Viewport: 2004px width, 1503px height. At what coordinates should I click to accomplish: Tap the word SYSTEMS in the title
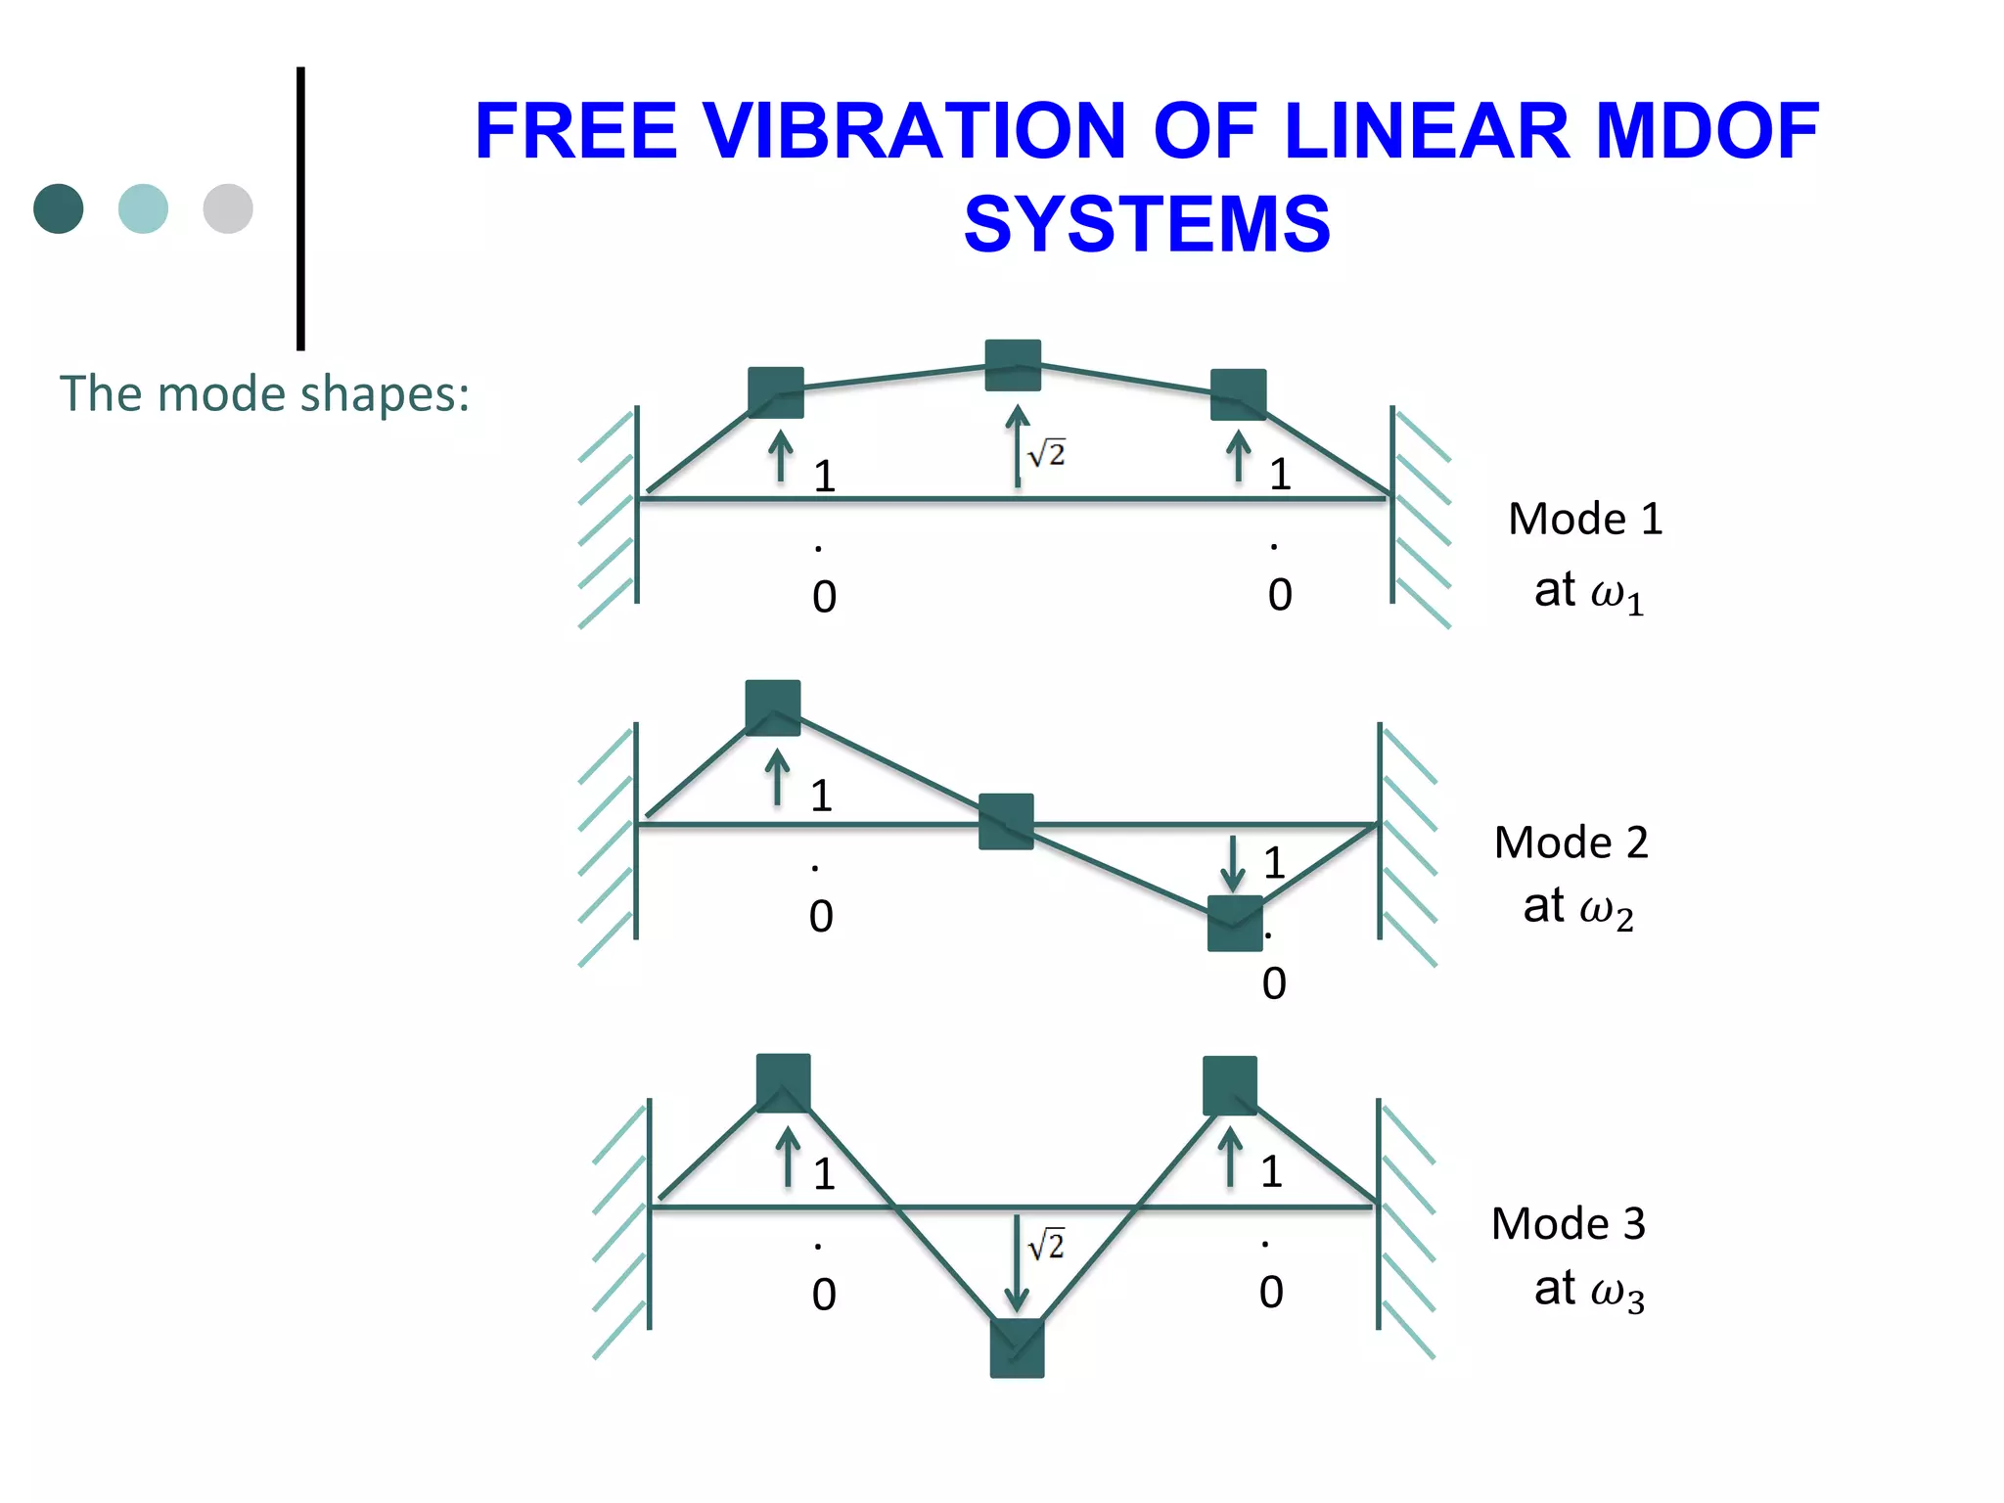coord(1147,224)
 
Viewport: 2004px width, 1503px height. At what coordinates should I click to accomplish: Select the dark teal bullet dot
coord(59,208)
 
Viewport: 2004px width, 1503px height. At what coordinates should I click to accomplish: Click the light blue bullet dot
coord(143,208)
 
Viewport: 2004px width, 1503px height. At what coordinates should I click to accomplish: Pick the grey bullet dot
coord(228,208)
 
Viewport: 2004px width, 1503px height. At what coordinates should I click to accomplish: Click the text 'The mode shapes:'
coord(264,394)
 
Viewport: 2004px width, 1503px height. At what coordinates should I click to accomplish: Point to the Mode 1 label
coord(1584,519)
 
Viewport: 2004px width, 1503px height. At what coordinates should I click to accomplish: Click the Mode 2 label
coord(1571,843)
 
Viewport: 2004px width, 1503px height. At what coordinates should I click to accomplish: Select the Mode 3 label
coord(1568,1224)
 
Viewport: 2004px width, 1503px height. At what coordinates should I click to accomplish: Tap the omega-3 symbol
coord(1617,1294)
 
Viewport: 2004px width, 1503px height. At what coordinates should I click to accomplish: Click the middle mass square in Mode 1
coord(1013,365)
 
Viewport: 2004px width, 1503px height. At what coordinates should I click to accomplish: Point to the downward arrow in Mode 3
coord(1017,1262)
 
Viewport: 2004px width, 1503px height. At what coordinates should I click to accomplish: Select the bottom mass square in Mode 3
coord(1017,1348)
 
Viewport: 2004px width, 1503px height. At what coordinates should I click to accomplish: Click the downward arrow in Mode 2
coord(1233,863)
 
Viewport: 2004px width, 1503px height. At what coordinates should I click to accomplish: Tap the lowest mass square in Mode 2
coord(1234,923)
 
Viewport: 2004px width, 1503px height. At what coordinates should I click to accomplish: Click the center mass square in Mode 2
coord(1006,821)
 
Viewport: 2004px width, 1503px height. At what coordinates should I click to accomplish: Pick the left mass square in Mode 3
coord(783,1082)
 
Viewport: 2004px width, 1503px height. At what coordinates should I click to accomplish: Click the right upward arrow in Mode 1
coord(1239,456)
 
